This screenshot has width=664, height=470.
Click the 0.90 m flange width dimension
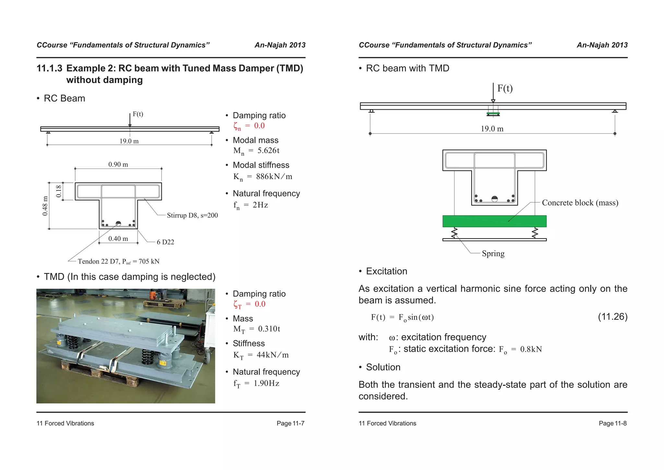pos(118,165)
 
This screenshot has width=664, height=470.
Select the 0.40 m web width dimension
pos(118,239)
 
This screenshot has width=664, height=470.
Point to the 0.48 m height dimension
pos(45,206)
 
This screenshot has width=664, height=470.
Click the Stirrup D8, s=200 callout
pos(192,216)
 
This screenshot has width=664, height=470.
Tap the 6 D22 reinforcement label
pos(165,242)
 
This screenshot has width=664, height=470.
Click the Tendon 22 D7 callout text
pos(119,262)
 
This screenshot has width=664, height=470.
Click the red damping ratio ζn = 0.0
pos(249,126)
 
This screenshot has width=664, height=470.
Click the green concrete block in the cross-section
pos(494,221)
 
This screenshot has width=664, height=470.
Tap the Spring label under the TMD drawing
pos(493,254)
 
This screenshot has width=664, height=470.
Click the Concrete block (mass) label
pos(580,203)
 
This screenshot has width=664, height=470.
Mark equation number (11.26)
pos(612,317)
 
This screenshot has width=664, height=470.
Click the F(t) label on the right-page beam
pos(505,88)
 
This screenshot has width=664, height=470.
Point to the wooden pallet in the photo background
pos(164,304)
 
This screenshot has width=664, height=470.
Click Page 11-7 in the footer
pos(290,423)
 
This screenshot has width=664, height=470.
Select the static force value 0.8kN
pos(531,349)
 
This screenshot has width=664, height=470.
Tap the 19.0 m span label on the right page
pos(492,129)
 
